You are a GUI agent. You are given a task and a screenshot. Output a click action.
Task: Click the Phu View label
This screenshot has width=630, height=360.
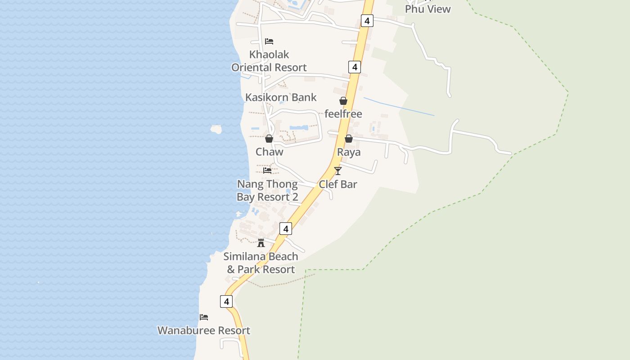tap(427, 9)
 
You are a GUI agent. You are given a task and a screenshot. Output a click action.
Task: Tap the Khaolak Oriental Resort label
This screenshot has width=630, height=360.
tap(269, 61)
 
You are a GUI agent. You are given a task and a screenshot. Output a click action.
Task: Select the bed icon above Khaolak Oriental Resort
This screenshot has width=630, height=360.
tap(269, 41)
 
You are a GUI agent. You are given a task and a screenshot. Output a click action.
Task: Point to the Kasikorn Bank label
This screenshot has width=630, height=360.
tap(281, 97)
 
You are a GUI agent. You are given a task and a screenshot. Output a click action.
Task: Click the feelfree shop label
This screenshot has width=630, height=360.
tap(343, 114)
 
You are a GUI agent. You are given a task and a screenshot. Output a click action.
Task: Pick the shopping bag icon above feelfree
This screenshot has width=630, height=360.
tap(343, 101)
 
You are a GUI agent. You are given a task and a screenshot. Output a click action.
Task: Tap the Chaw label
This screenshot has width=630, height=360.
tap(270, 152)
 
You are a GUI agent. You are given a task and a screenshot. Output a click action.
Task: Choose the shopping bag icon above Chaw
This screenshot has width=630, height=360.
tap(269, 139)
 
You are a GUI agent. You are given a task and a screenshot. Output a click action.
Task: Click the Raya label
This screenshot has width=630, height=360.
tap(349, 152)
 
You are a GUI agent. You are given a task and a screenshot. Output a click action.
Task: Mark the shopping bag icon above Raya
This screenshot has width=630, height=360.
tap(349, 139)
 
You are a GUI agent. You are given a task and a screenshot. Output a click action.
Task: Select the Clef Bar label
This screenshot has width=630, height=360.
tap(338, 184)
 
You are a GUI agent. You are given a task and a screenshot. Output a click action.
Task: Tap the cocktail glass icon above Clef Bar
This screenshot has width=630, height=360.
tap(338, 171)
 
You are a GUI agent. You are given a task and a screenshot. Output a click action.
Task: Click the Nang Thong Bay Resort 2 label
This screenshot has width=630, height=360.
tap(268, 190)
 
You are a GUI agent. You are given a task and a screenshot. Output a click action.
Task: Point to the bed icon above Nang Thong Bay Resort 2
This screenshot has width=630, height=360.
tap(267, 171)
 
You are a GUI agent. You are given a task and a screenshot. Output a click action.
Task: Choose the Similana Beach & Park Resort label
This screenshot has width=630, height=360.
tap(261, 263)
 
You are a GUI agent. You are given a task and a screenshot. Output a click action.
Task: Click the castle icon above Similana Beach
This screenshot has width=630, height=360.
tap(261, 243)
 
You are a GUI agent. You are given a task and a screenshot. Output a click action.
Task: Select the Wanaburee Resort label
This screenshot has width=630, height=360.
tap(204, 330)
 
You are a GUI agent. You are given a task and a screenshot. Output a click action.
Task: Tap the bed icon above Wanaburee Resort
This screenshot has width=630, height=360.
tap(204, 317)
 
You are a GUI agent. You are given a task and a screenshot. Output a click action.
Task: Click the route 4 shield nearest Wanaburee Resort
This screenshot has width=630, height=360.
tap(226, 301)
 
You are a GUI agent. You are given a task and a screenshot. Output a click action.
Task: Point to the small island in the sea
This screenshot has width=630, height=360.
tap(216, 130)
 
